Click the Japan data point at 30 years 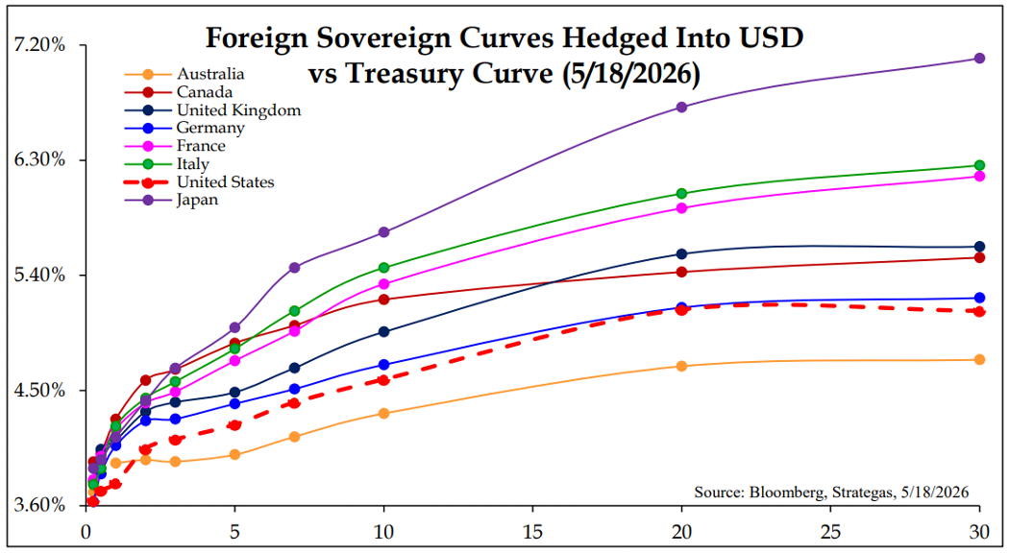click(x=979, y=59)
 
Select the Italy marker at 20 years click(x=681, y=194)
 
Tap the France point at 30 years click(x=979, y=177)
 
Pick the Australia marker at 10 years click(x=383, y=414)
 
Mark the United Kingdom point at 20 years click(x=681, y=254)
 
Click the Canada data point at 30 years click(x=979, y=258)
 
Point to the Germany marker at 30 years click(x=979, y=298)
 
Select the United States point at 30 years click(x=979, y=312)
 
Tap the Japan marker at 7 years click(x=294, y=268)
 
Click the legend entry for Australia click(x=185, y=74)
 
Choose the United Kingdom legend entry click(x=212, y=110)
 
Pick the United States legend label click(x=225, y=182)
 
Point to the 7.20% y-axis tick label click(x=40, y=45)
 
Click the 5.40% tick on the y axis click(x=40, y=276)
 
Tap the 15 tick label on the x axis click(x=532, y=532)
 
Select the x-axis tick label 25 click(x=831, y=532)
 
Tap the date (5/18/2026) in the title click(x=630, y=74)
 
